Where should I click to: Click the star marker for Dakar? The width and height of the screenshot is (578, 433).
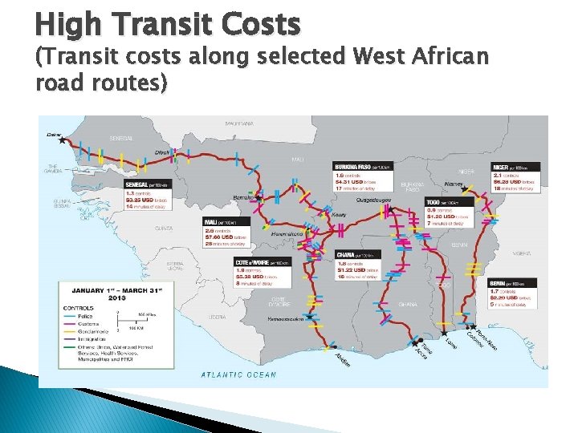click(62, 140)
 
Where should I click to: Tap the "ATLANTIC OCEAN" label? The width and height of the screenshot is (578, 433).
click(238, 374)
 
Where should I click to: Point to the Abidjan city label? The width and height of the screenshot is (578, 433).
click(343, 358)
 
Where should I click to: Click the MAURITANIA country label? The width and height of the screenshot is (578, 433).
click(238, 124)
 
